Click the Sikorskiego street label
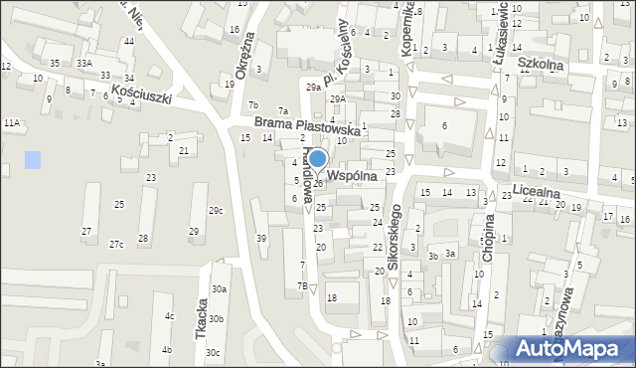tap(395, 240)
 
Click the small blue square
tap(34, 159)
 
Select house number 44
tap(129, 41)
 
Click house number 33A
tap(85, 63)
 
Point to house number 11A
tap(12, 122)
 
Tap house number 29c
tap(216, 210)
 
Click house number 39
tap(262, 238)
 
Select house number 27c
tap(116, 245)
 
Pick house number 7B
tap(302, 285)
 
